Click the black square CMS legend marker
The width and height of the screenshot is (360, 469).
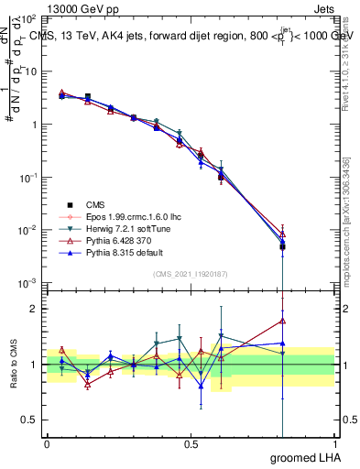point(67,205)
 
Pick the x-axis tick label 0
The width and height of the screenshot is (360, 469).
point(47,443)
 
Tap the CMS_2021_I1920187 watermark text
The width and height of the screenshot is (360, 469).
point(191,274)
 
